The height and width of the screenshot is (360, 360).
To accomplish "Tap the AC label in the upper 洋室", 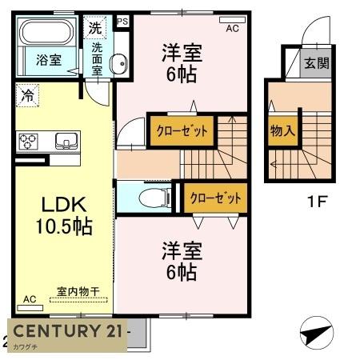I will point(232,28).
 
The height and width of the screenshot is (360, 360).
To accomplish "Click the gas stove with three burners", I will point(30,142).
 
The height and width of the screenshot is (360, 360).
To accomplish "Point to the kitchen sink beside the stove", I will point(64,142).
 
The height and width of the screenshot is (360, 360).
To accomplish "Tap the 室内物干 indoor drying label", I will point(78,292).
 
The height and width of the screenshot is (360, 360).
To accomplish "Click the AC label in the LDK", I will point(29,299).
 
